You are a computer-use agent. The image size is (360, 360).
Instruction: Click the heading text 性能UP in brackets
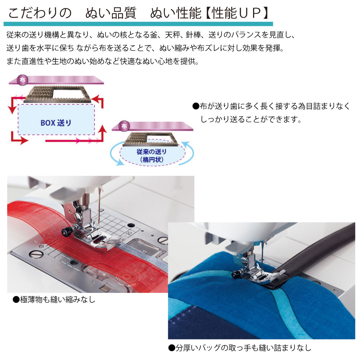[x=237, y=13]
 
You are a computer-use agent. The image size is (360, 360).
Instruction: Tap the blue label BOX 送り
[x=56, y=123]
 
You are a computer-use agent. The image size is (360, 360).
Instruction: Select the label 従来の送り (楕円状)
[x=152, y=156]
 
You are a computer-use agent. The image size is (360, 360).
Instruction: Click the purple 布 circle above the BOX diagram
[x=22, y=80]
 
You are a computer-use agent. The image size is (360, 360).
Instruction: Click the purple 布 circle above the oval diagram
[x=124, y=126]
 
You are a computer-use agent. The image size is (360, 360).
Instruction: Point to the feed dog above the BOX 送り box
[x=57, y=94]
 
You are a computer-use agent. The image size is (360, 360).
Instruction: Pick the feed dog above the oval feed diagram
[x=150, y=139]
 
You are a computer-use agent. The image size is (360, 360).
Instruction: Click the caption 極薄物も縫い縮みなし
[x=54, y=300]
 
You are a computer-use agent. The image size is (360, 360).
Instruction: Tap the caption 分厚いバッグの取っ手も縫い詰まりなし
[x=240, y=348]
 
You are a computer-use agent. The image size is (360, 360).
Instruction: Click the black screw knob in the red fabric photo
[x=66, y=232]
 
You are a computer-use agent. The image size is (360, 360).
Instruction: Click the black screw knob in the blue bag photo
[x=236, y=274]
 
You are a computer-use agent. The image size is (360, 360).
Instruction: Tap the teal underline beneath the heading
[x=138, y=24]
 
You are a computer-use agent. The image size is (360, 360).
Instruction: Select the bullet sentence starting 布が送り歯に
[x=271, y=112]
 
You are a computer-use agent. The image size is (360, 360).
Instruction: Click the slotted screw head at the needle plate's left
[x=36, y=254]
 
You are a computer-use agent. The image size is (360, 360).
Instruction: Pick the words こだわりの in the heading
[x=40, y=13]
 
